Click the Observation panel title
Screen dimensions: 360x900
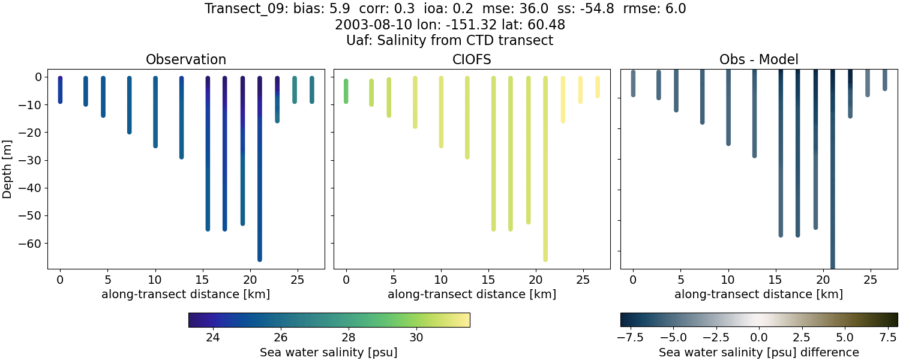(186, 60)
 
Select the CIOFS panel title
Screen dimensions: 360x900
(472, 60)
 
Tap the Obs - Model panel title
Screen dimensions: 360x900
(758, 60)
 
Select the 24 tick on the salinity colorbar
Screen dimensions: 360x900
(212, 337)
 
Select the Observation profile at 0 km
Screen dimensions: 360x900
(60, 90)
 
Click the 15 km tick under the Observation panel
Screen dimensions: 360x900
(203, 279)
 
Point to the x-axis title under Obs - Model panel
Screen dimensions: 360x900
(758, 295)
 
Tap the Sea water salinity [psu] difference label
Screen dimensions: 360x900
(759, 352)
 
